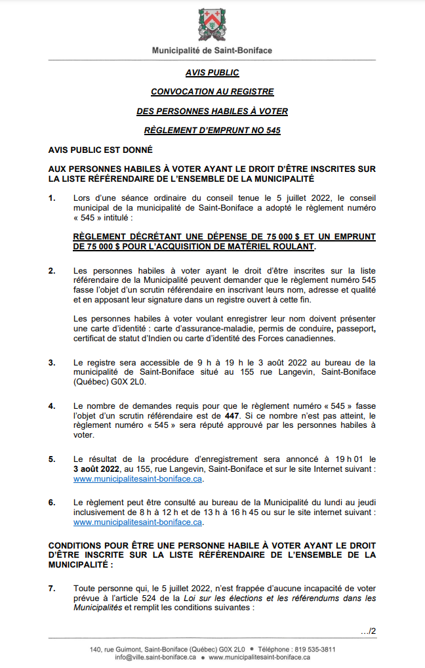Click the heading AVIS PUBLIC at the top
tap(212, 73)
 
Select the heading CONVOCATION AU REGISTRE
tap(212, 92)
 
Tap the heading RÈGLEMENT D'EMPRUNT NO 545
tap(212, 131)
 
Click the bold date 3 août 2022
tap(96, 469)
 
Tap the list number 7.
tap(52, 589)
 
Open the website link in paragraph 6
tap(138, 522)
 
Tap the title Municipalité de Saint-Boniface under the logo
tap(212, 51)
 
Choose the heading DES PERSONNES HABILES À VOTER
tap(212, 112)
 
